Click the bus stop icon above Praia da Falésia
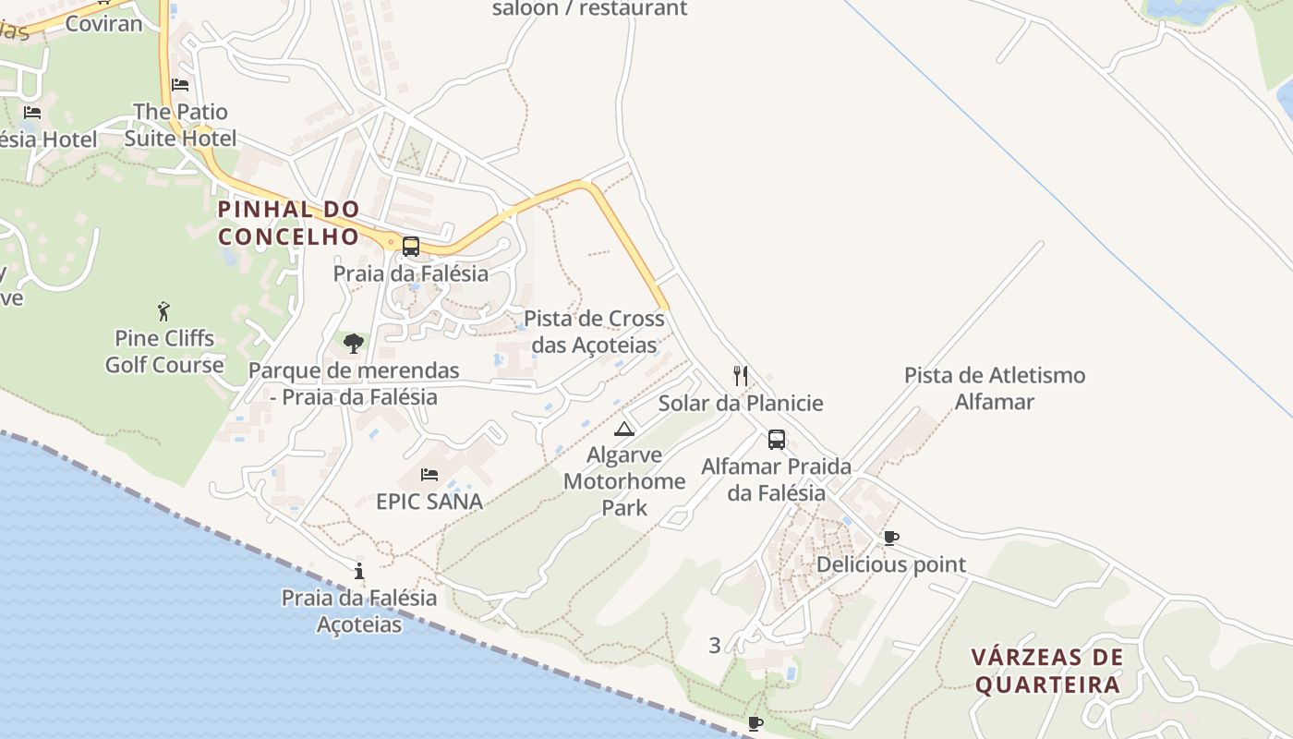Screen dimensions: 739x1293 [411, 247]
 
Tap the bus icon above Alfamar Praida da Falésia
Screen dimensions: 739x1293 [777, 440]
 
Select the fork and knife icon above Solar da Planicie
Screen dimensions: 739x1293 [740, 375]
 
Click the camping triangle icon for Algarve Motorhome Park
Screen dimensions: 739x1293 [625, 429]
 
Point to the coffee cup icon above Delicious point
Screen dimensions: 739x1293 [891, 538]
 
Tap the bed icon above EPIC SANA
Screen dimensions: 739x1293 [429, 475]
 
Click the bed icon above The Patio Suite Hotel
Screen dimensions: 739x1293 [180, 85]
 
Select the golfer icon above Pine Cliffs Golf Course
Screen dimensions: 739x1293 [164, 310]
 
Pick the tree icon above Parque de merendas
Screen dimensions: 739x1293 [353, 344]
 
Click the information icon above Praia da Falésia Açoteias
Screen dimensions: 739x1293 [359, 571]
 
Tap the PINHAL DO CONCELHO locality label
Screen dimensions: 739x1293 [289, 223]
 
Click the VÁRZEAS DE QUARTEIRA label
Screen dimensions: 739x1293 [1047, 671]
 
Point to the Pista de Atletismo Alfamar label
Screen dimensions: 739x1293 [995, 389]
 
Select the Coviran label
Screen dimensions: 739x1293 [103, 23]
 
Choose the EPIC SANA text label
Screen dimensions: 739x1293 [429, 502]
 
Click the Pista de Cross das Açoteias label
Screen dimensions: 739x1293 [594, 332]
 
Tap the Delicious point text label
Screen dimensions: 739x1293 [891, 564]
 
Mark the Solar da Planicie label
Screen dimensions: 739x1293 [740, 404]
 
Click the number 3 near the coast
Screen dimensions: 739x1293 [714, 646]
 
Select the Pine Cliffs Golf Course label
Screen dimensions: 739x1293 [164, 351]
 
